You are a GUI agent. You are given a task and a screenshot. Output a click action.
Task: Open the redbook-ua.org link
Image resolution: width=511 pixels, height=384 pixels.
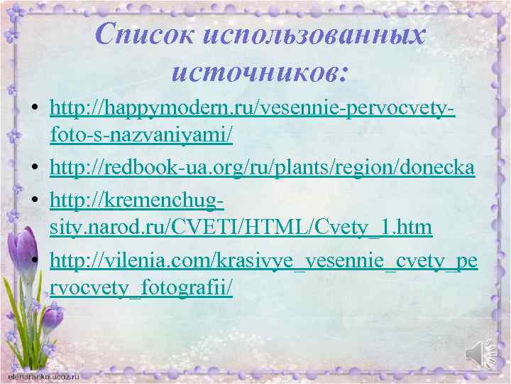click(263, 167)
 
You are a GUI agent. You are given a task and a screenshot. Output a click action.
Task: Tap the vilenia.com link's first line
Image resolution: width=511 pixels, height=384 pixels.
click(264, 262)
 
